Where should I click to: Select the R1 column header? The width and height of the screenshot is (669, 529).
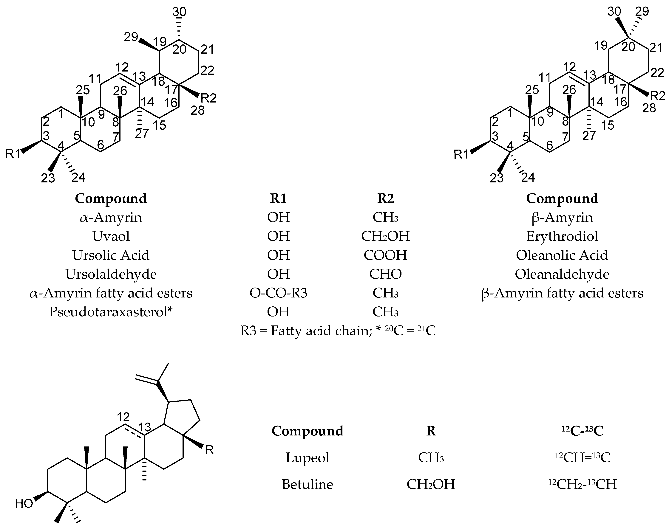(x=278, y=198)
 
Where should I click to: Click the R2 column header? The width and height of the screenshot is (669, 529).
(x=385, y=198)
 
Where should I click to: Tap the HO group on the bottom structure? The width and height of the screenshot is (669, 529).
(x=24, y=504)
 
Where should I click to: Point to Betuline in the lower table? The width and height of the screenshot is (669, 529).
(x=307, y=484)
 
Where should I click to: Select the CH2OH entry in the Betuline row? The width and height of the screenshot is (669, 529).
(x=431, y=484)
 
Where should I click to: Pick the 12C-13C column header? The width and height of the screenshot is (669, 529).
(x=582, y=431)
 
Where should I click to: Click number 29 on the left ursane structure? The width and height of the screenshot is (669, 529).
(x=131, y=37)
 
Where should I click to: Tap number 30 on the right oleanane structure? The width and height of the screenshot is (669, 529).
(x=614, y=12)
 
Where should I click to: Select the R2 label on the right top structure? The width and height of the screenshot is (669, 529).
(x=658, y=96)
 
